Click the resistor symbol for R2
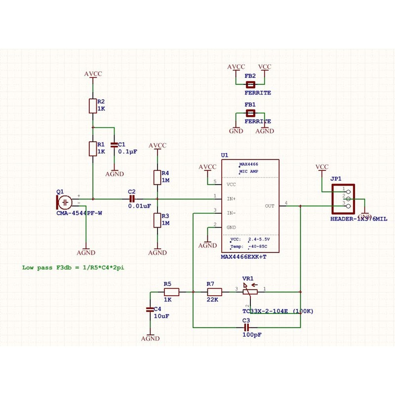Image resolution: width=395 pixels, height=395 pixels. point(92,106)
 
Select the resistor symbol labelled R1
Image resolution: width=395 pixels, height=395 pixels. point(92,148)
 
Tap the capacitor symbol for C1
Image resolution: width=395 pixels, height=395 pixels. point(115,145)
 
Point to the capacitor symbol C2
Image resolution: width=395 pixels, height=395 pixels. point(131,198)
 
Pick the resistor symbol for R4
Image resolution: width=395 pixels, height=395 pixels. point(158,177)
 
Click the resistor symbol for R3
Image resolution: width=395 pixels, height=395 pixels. point(158,220)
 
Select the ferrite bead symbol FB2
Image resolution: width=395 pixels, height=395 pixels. point(250,84)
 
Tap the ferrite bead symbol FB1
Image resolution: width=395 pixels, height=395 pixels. point(250,114)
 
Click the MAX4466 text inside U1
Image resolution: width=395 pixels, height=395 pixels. point(249,164)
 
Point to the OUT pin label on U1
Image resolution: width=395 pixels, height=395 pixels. point(270,206)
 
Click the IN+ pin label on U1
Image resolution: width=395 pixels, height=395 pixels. point(231,198)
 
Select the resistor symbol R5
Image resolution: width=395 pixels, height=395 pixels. point(171,292)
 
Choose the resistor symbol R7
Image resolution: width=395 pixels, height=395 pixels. point(214,292)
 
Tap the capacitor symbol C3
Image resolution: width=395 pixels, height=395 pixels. point(247,327)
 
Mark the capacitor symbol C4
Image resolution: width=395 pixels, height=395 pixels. point(150,309)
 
